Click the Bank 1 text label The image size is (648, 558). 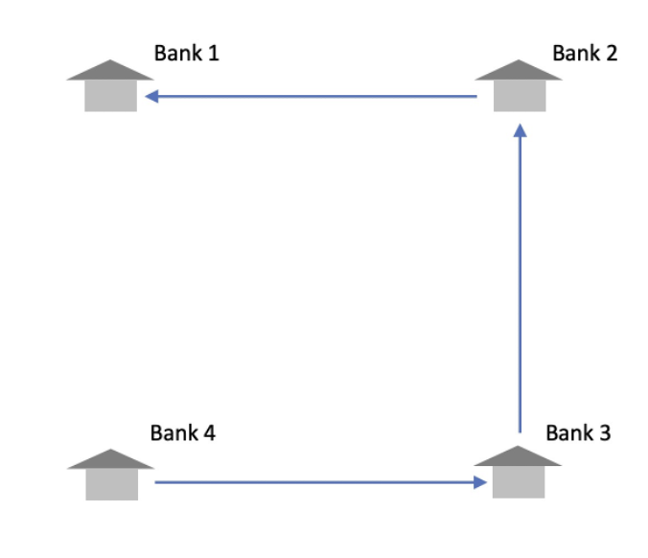click(x=186, y=53)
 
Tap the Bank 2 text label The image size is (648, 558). click(x=585, y=53)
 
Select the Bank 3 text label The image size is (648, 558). click(x=578, y=432)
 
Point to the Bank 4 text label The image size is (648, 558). click(x=182, y=432)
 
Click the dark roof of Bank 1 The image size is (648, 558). click(x=111, y=71)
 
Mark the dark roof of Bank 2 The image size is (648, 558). click(x=520, y=71)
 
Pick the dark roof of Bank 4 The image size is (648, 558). click(x=111, y=459)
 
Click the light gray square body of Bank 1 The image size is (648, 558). click(x=111, y=96)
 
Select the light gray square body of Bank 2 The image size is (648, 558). click(x=520, y=96)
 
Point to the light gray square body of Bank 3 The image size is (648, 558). click(x=519, y=482)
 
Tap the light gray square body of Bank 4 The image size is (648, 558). click(x=111, y=484)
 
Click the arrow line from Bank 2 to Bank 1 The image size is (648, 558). click(x=316, y=97)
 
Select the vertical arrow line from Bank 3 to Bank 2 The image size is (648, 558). click(x=519, y=288)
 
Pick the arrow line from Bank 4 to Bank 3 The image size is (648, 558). click(x=316, y=482)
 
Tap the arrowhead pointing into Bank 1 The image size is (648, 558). click(x=150, y=97)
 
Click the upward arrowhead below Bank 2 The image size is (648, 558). click(x=519, y=130)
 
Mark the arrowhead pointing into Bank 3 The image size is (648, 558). click(x=480, y=482)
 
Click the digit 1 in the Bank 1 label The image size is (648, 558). click(x=213, y=53)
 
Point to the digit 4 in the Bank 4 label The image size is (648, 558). click(x=209, y=432)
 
